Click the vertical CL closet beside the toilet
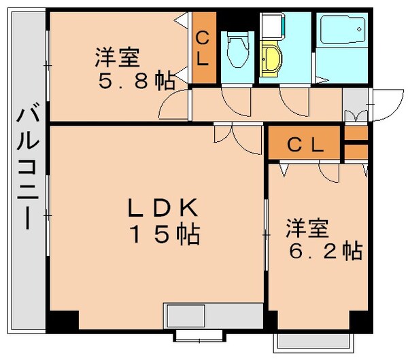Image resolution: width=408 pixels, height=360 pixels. (x=203, y=48)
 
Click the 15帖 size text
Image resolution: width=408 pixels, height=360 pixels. (x=163, y=234)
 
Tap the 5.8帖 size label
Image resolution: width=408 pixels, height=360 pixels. (x=136, y=82)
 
